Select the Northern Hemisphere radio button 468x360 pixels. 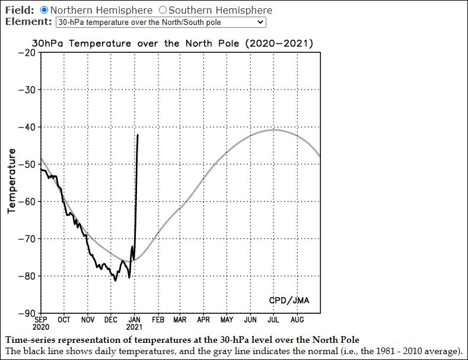coord(44,10)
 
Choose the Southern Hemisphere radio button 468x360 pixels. coord(163,10)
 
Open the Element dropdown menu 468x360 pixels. coord(160,22)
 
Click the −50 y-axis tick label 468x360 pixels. coord(27,164)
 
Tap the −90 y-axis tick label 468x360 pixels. coord(27,313)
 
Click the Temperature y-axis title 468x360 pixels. coord(11,181)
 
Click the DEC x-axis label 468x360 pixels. coord(111,320)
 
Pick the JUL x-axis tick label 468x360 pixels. coord(273,320)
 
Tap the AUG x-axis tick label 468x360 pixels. coord(297,320)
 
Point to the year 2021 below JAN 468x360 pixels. coord(134,327)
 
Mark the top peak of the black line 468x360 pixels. coord(138,135)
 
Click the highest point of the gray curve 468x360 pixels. coord(273,129)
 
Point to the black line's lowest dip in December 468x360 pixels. coord(115,281)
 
